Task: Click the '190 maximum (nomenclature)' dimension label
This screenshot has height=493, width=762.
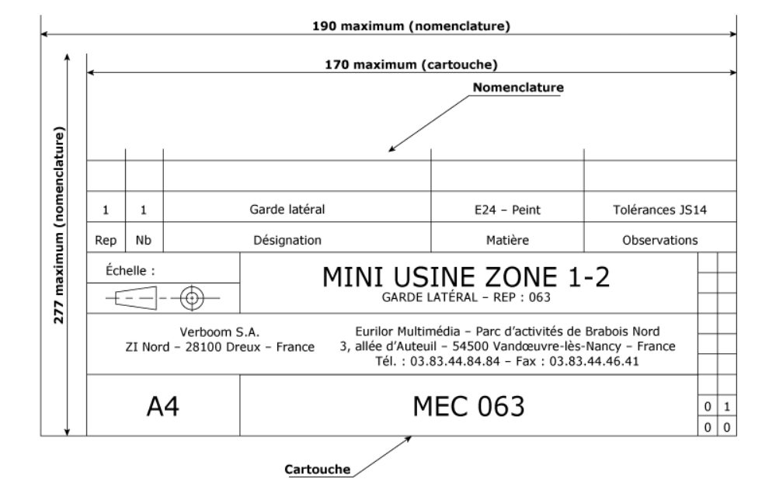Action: pyautogui.click(x=411, y=26)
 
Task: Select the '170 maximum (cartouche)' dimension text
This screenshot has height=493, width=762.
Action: pyautogui.click(x=411, y=64)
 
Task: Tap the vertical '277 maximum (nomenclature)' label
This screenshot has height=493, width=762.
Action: pyautogui.click(x=59, y=225)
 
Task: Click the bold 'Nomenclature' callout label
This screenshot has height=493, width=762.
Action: pyautogui.click(x=518, y=88)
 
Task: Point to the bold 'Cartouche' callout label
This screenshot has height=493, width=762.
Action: pyautogui.click(x=318, y=469)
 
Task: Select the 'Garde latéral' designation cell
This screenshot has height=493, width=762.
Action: pyautogui.click(x=287, y=210)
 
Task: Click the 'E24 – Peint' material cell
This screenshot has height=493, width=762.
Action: pyautogui.click(x=507, y=210)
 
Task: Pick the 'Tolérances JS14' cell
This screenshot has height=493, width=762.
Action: pyautogui.click(x=659, y=210)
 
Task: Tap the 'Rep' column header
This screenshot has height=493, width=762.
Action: pyautogui.click(x=106, y=241)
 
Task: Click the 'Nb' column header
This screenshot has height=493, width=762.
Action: pyautogui.click(x=144, y=240)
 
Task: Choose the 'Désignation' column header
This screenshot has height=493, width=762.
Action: pyautogui.click(x=287, y=240)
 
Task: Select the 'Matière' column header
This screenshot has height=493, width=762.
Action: pyautogui.click(x=507, y=240)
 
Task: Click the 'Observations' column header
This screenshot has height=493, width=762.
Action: pyautogui.click(x=660, y=240)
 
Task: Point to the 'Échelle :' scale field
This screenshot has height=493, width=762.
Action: pyautogui.click(x=130, y=270)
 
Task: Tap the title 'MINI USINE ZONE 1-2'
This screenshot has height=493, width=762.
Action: pyautogui.click(x=465, y=277)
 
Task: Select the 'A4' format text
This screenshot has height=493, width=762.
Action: pyautogui.click(x=163, y=406)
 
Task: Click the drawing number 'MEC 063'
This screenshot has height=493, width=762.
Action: pyautogui.click(x=468, y=406)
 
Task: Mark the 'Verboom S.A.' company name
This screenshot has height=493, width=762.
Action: pyautogui.click(x=220, y=332)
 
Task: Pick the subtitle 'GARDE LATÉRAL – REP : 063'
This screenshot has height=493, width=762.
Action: pyautogui.click(x=465, y=297)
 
